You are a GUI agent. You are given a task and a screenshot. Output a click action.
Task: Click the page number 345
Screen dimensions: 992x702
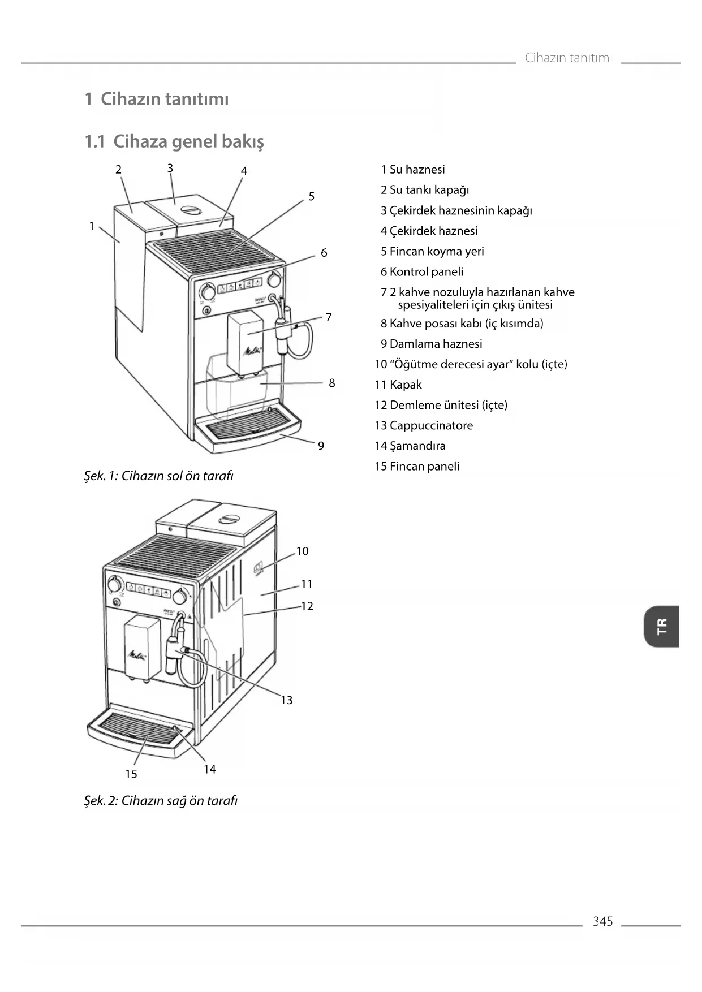602,921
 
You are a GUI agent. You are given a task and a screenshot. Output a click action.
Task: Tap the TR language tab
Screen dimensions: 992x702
661,626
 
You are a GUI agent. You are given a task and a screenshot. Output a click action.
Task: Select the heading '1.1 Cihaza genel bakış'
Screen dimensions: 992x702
174,141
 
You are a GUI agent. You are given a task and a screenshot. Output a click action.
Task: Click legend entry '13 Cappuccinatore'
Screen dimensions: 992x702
424,425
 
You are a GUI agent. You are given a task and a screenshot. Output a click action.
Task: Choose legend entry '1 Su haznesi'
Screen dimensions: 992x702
412,170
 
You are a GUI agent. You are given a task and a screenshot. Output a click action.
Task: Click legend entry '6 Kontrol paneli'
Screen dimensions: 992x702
421,271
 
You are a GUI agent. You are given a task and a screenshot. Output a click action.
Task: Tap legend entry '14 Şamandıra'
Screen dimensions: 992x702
410,446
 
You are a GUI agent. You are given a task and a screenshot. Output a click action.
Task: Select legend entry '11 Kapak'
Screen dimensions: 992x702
398,385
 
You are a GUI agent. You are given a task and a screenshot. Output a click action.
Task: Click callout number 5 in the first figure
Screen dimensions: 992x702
311,197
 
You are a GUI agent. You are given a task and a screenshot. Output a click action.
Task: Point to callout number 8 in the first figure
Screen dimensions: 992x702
332,383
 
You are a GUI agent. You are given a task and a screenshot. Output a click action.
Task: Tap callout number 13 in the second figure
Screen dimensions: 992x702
287,700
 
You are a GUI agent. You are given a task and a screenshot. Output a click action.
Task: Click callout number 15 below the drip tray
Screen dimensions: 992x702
131,774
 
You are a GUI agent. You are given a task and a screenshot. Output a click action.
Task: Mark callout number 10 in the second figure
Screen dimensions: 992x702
303,551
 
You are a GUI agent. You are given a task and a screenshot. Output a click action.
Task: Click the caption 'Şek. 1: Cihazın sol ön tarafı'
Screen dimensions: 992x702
158,476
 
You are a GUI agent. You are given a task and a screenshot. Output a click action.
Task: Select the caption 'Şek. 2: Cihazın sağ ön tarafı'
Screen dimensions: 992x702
161,800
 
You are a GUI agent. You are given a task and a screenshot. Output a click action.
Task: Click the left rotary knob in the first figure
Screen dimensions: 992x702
208,292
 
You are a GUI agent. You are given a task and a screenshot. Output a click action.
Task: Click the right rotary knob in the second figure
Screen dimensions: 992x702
180,596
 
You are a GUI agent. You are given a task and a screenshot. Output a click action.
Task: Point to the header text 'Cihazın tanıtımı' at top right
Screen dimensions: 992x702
569,58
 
